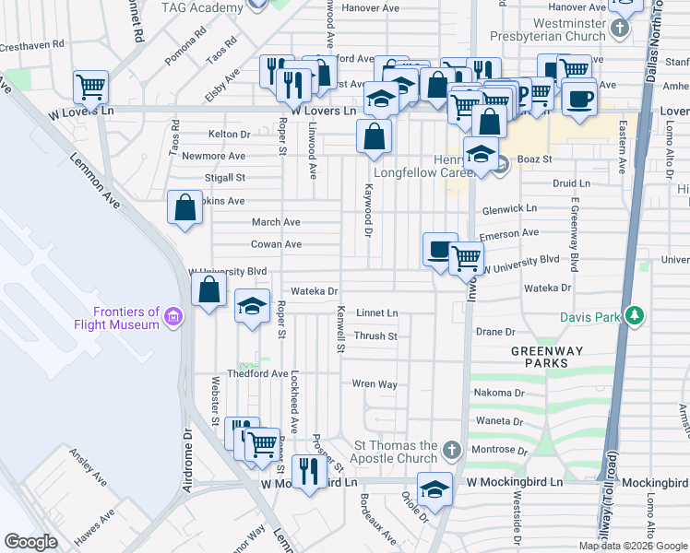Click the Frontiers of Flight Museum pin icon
point(171,319)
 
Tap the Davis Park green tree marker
point(634,315)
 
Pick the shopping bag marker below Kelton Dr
point(374,137)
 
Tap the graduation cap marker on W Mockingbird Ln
point(434,489)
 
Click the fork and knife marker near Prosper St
point(309,472)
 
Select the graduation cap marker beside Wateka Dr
point(251,307)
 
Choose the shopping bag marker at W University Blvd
point(209,290)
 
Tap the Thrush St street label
point(375,336)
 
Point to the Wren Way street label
point(375,383)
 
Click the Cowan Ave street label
point(277,244)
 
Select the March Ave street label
point(276,222)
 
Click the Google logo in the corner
point(31,542)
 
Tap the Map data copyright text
point(632,546)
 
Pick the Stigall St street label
point(225,177)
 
